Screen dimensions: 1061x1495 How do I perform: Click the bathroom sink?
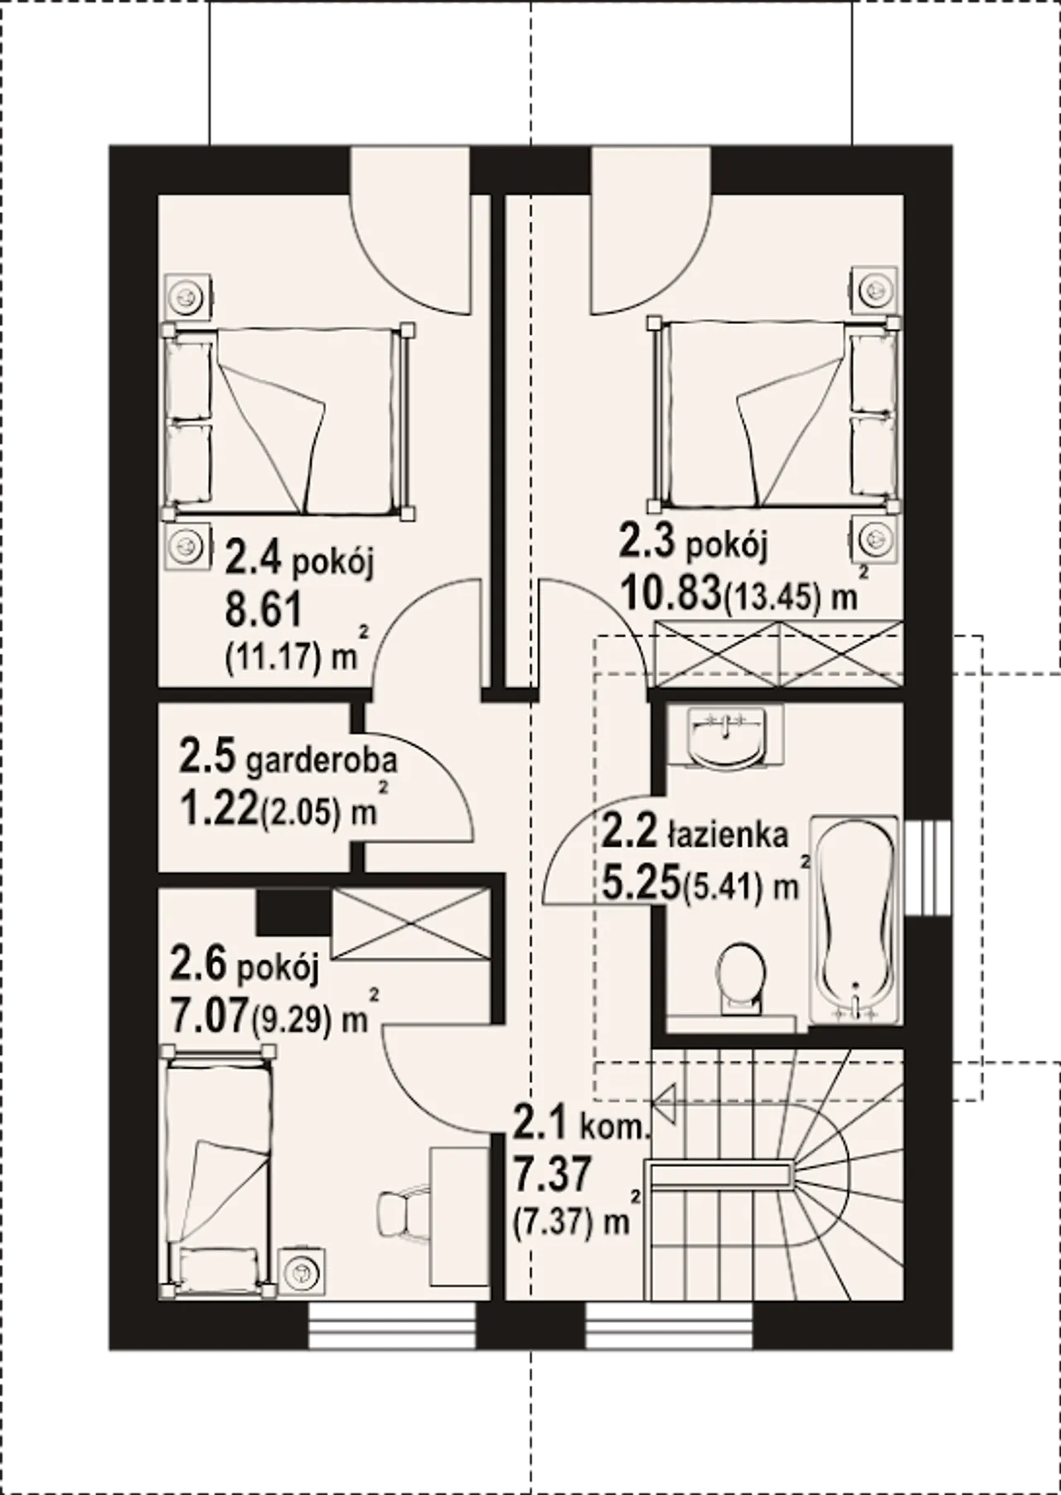726,736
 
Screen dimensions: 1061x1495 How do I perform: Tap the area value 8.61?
263,611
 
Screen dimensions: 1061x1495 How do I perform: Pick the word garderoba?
322,759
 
